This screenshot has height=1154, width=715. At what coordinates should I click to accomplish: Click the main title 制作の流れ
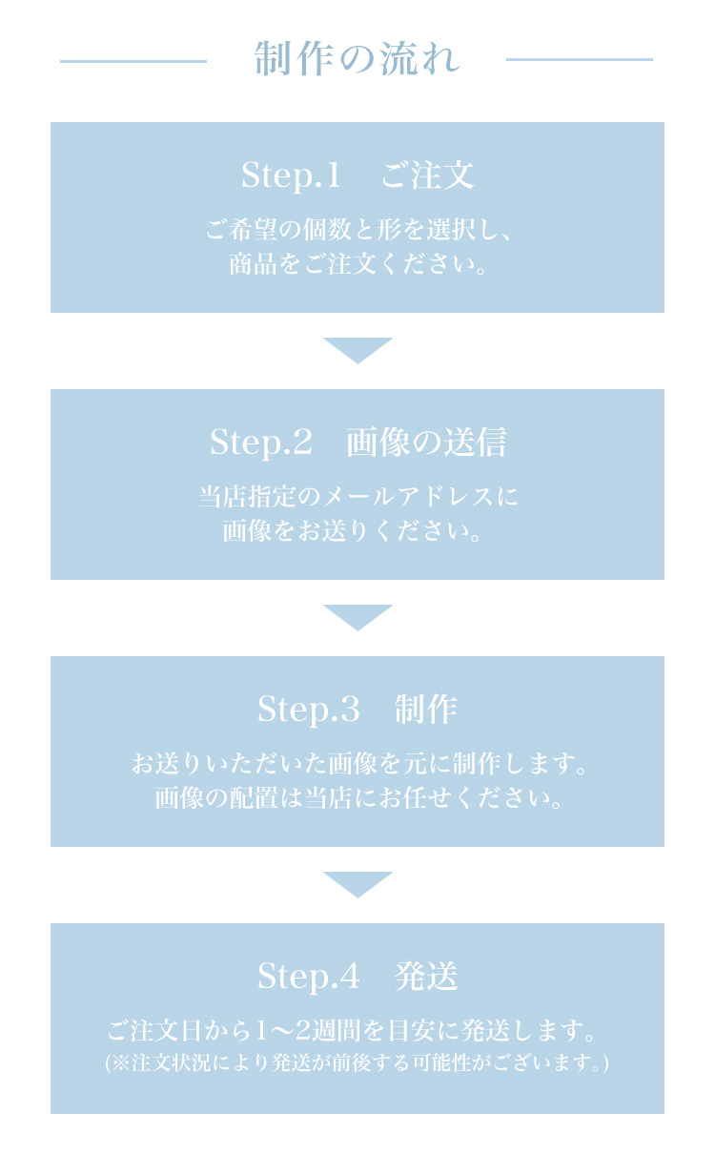357,59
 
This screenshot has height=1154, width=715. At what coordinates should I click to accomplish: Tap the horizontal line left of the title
133,61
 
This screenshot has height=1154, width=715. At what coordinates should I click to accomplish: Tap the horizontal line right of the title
580,59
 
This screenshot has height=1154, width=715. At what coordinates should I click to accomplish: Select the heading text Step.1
291,175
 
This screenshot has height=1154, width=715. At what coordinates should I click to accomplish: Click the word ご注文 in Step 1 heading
427,175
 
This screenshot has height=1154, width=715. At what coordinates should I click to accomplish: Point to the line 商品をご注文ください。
357,264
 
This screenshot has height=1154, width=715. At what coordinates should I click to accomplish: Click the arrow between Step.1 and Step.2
357,350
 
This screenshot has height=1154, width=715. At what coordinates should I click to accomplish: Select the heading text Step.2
261,442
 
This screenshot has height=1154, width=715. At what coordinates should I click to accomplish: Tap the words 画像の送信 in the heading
426,442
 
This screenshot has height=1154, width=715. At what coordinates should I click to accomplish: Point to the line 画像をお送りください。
352,530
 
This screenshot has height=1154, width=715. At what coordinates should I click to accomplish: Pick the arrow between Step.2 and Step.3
357,617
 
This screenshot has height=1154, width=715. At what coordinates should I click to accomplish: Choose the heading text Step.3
309,709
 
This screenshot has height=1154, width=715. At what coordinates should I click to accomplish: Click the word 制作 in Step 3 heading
426,709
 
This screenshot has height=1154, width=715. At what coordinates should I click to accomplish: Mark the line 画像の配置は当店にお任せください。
358,797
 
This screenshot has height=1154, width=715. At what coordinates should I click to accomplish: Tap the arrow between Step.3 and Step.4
357,884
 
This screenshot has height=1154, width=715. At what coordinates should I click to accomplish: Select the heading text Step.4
309,976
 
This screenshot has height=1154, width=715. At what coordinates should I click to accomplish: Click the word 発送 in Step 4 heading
426,976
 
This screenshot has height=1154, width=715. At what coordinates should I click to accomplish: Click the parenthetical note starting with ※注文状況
357,1062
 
